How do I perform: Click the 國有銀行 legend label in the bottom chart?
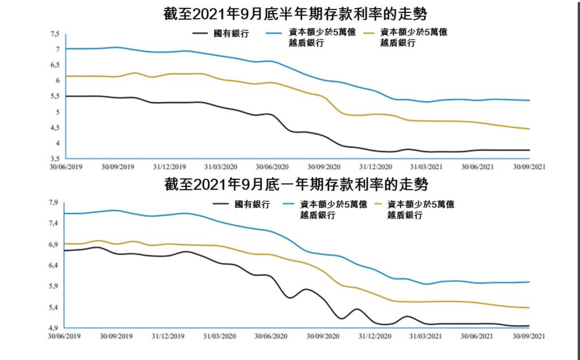pos(252,204)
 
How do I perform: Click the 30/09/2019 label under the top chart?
pos(117,168)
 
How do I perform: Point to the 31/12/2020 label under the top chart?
pos(375,168)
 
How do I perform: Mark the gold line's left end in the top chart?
pos(66,76)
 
